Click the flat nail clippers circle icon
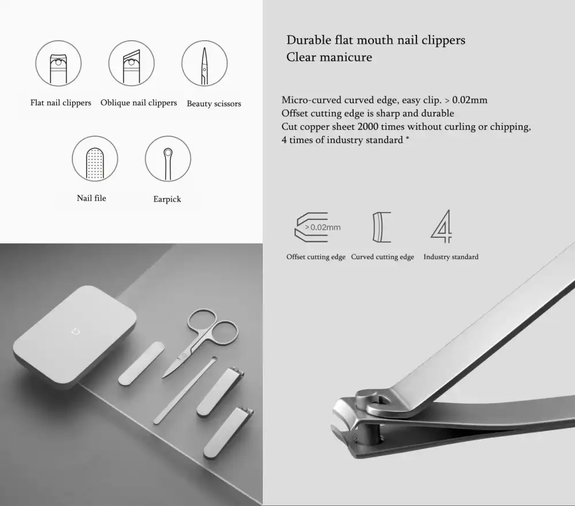tap(59, 64)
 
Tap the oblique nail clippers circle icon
tap(132, 64)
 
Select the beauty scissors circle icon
tap(205, 64)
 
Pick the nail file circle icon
tap(95, 159)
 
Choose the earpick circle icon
tap(168, 159)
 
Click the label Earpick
tap(167, 199)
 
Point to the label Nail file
tap(91, 198)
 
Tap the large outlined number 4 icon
tap(442, 226)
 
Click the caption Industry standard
tap(451, 257)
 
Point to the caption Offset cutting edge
tap(316, 257)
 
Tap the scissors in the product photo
tap(201, 338)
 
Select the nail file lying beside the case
tap(141, 363)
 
